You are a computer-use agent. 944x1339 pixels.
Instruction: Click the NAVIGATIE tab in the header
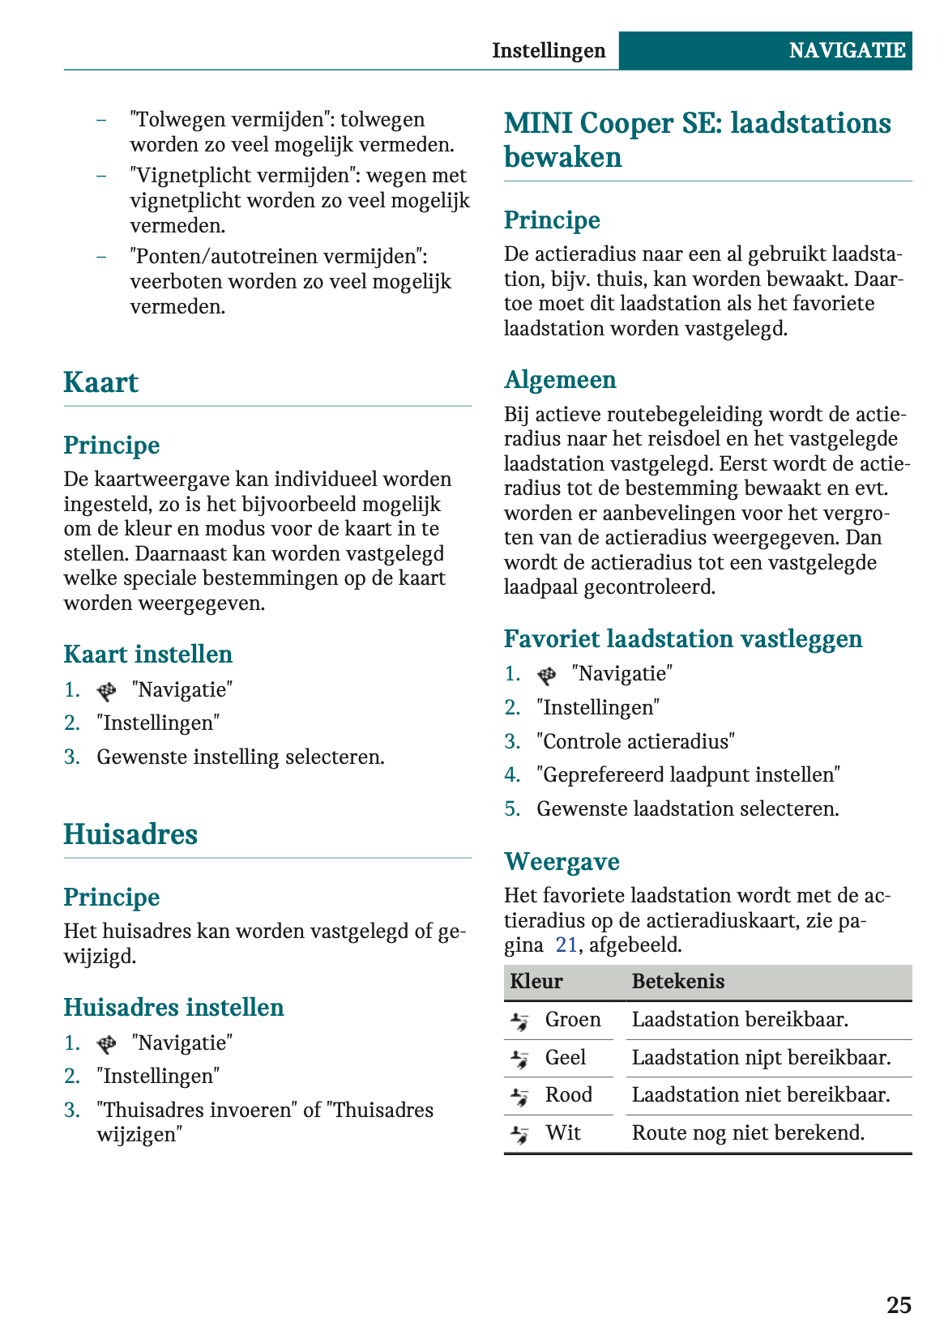click(x=846, y=50)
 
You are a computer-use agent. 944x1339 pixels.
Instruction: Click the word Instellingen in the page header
click(x=549, y=50)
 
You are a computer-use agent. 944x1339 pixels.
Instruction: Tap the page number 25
click(x=899, y=1305)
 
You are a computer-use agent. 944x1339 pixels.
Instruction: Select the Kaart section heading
click(x=101, y=382)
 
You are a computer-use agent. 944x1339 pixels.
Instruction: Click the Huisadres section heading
click(x=130, y=834)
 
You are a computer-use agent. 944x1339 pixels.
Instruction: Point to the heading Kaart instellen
click(x=147, y=654)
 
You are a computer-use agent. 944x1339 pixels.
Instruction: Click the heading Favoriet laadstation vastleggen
click(x=682, y=638)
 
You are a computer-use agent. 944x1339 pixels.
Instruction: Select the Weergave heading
click(x=562, y=861)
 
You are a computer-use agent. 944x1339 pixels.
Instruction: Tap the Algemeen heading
click(x=560, y=379)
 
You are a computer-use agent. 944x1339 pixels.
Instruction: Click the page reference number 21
click(x=566, y=945)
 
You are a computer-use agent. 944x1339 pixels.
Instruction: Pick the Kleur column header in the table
click(x=536, y=982)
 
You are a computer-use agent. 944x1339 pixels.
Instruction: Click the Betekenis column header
click(x=678, y=982)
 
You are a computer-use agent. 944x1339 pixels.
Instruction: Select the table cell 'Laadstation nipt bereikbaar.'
click(x=761, y=1057)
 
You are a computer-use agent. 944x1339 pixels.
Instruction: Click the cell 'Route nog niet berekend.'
click(x=748, y=1132)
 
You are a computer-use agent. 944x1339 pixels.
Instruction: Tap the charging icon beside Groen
click(x=519, y=1021)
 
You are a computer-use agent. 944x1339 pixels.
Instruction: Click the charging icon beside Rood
click(x=519, y=1096)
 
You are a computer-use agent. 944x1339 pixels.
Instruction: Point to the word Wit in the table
click(x=563, y=1132)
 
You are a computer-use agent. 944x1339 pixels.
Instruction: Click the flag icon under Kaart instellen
click(x=106, y=691)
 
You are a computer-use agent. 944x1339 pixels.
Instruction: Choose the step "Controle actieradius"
click(x=635, y=741)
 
